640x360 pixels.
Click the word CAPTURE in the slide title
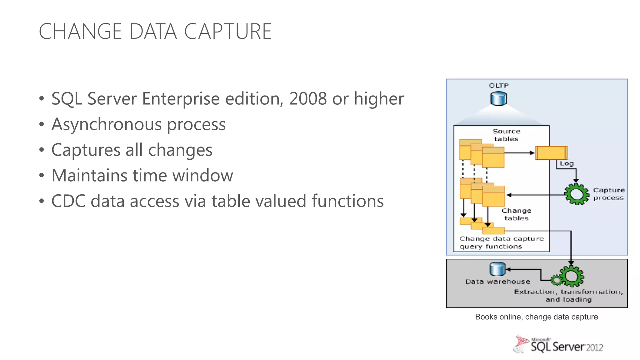click(228, 32)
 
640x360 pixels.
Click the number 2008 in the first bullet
click(308, 99)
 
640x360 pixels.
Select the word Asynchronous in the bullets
click(106, 124)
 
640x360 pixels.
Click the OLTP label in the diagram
click(498, 86)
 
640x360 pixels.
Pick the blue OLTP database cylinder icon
click(498, 99)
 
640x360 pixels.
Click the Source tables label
click(506, 135)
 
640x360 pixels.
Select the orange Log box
click(551, 153)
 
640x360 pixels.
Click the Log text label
click(567, 163)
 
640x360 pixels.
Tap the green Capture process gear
click(576, 194)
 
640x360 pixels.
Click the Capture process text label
click(609, 194)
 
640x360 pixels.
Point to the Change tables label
click(516, 214)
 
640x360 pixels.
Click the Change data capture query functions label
click(501, 242)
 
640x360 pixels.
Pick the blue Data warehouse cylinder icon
click(497, 269)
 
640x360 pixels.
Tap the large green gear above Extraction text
click(572, 276)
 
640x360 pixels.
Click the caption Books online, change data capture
click(536, 317)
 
